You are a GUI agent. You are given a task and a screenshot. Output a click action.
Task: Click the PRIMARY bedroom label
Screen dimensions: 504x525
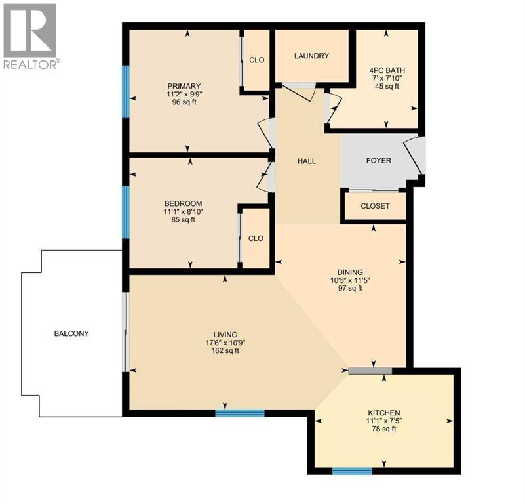[184, 86]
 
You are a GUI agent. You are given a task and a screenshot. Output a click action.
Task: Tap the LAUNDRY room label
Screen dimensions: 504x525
[311, 56]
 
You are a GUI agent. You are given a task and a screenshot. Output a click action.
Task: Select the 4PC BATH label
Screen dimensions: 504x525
[385, 69]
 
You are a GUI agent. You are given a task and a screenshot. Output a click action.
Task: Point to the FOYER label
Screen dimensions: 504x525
[378, 160]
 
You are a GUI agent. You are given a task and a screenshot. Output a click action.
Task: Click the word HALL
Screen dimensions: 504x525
[307, 161]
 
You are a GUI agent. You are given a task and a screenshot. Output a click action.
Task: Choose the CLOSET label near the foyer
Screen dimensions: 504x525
[375, 206]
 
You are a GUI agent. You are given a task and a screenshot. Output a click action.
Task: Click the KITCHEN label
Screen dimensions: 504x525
[383, 412]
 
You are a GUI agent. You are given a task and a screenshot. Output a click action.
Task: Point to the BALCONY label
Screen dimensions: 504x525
[71, 333]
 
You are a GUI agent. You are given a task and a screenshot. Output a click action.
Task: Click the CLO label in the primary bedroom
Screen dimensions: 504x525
[256, 60]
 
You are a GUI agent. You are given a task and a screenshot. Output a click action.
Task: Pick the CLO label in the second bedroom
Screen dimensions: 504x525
[256, 238]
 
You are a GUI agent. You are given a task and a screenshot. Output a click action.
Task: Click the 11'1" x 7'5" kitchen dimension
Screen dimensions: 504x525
[383, 421]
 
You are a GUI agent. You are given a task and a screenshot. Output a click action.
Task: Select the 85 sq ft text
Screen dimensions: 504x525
[184, 220]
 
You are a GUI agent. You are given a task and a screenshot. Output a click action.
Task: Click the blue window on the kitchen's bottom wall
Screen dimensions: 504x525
[352, 471]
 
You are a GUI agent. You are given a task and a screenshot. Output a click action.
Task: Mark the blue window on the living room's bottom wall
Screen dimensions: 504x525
[240, 413]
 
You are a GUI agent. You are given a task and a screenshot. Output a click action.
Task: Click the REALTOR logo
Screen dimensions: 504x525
[30, 36]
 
